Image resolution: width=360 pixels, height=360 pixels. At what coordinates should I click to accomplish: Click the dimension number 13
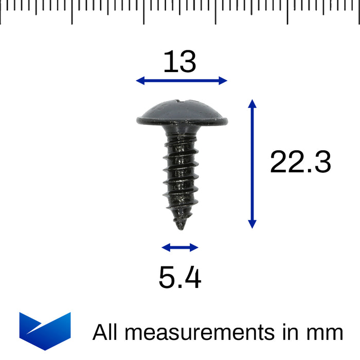[180, 62]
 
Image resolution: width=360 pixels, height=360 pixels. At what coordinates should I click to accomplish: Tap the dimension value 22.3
[300, 163]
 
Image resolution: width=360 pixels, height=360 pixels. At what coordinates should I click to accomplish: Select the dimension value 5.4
[179, 278]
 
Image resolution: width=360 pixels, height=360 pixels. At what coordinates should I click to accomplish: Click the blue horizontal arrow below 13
[182, 80]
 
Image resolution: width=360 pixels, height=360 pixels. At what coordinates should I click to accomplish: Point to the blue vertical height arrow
[251, 164]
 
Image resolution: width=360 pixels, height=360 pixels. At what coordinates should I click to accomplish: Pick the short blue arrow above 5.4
[179, 247]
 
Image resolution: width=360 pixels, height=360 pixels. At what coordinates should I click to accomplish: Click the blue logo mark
[45, 330]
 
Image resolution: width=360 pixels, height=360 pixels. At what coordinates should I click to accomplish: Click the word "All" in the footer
[105, 332]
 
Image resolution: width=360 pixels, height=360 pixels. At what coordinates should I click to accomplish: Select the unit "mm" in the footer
[327, 333]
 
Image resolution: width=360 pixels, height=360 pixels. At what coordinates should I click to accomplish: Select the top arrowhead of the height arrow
[251, 103]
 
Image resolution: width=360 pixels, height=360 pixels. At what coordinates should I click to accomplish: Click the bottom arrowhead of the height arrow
[251, 224]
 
